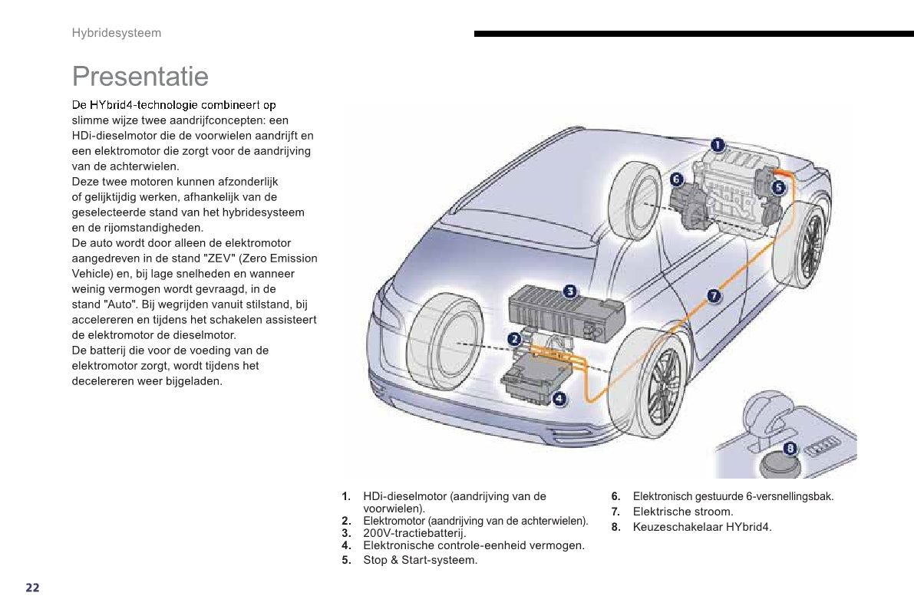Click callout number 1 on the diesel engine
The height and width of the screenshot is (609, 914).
(x=717, y=144)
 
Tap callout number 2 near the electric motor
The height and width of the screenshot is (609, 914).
(x=514, y=338)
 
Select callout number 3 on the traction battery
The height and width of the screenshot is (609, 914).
(x=570, y=291)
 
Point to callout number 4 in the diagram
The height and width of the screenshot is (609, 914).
(x=559, y=398)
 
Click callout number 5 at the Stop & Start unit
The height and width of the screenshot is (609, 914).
(x=778, y=186)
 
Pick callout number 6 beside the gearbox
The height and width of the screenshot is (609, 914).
(x=676, y=179)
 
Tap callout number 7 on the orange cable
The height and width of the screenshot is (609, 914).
(x=713, y=295)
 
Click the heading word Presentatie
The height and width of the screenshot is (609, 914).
(x=140, y=77)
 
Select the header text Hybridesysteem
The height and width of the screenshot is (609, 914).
(x=117, y=33)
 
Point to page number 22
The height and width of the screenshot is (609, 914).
(x=32, y=588)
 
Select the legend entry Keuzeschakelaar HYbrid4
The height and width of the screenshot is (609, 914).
(x=702, y=527)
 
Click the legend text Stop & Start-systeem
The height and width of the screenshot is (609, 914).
(x=420, y=560)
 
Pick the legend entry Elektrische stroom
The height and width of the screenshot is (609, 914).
(x=683, y=512)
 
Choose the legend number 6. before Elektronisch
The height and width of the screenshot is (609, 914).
(x=615, y=496)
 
